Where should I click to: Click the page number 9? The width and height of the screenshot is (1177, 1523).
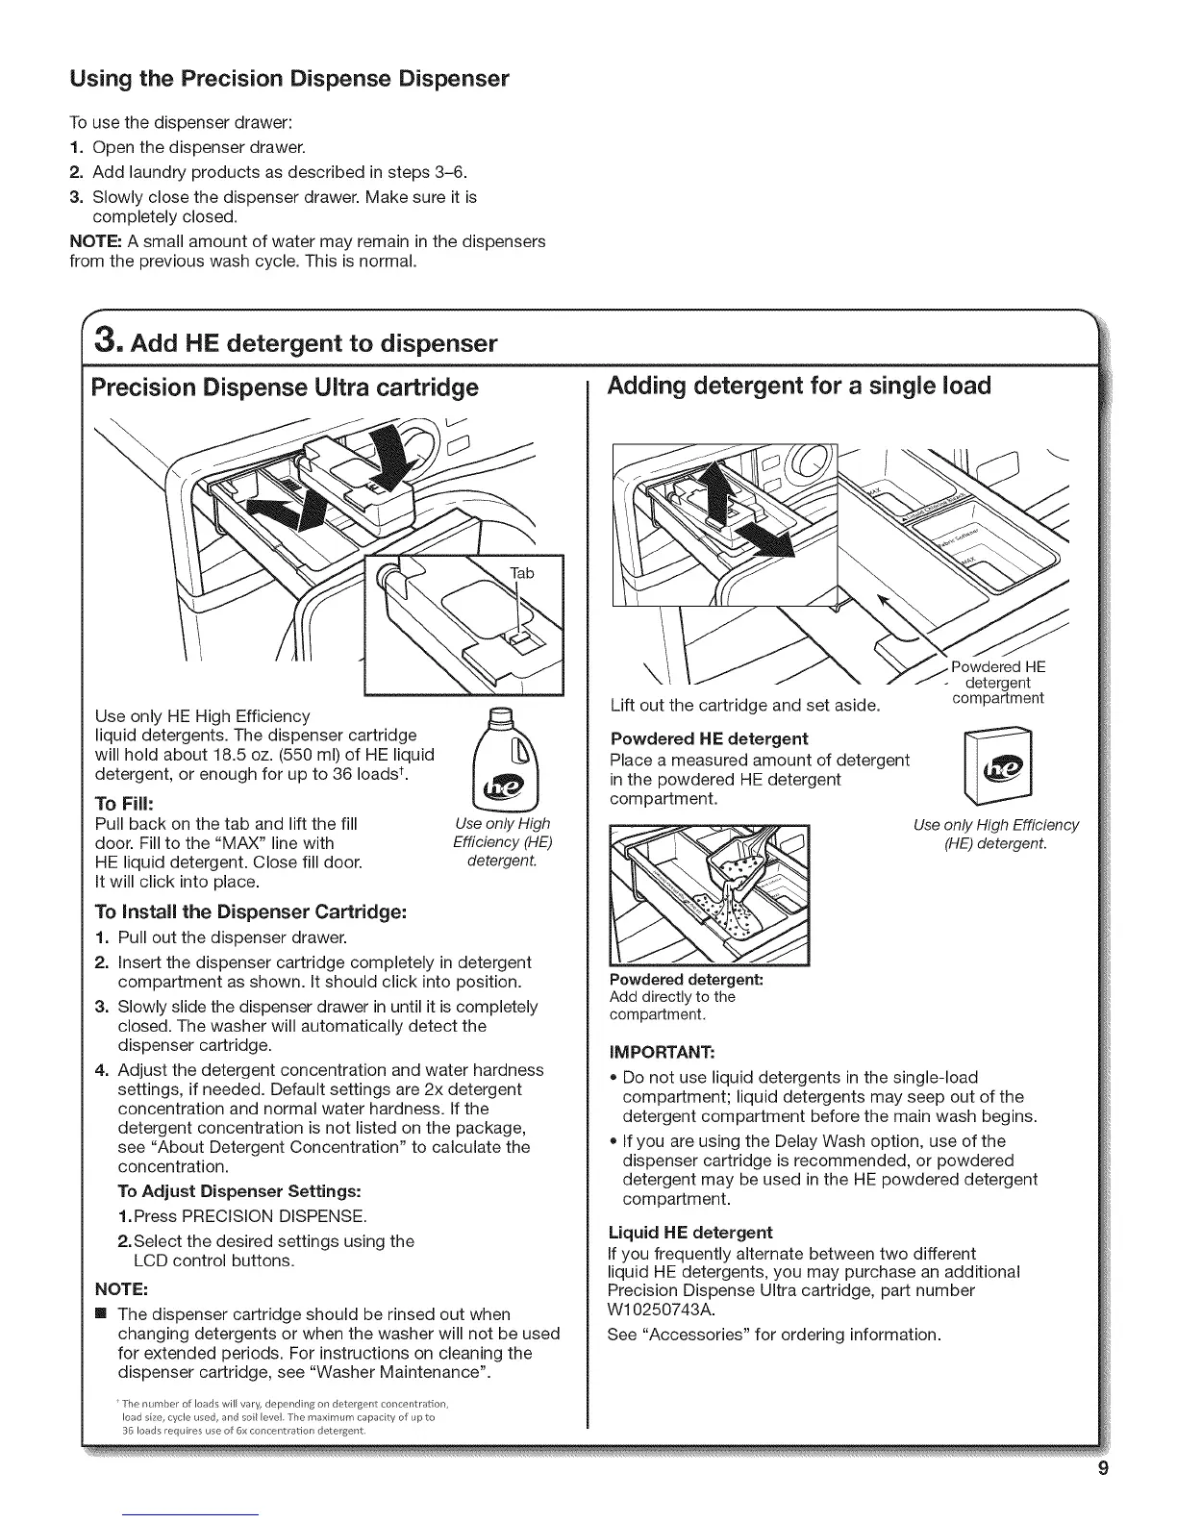[x=1103, y=1468]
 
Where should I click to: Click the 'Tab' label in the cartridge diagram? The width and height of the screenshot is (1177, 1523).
[x=520, y=574]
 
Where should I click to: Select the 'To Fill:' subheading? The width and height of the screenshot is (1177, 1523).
[x=125, y=803]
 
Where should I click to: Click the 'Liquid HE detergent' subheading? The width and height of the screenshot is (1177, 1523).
[x=690, y=1232]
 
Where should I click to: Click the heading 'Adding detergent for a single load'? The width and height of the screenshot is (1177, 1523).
[x=798, y=387]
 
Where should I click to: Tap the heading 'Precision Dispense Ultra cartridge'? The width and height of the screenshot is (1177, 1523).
[x=284, y=387]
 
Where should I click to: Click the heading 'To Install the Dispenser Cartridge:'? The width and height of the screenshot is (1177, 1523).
[x=252, y=911]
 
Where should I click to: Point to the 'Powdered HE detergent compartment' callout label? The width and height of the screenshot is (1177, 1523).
[x=997, y=683]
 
